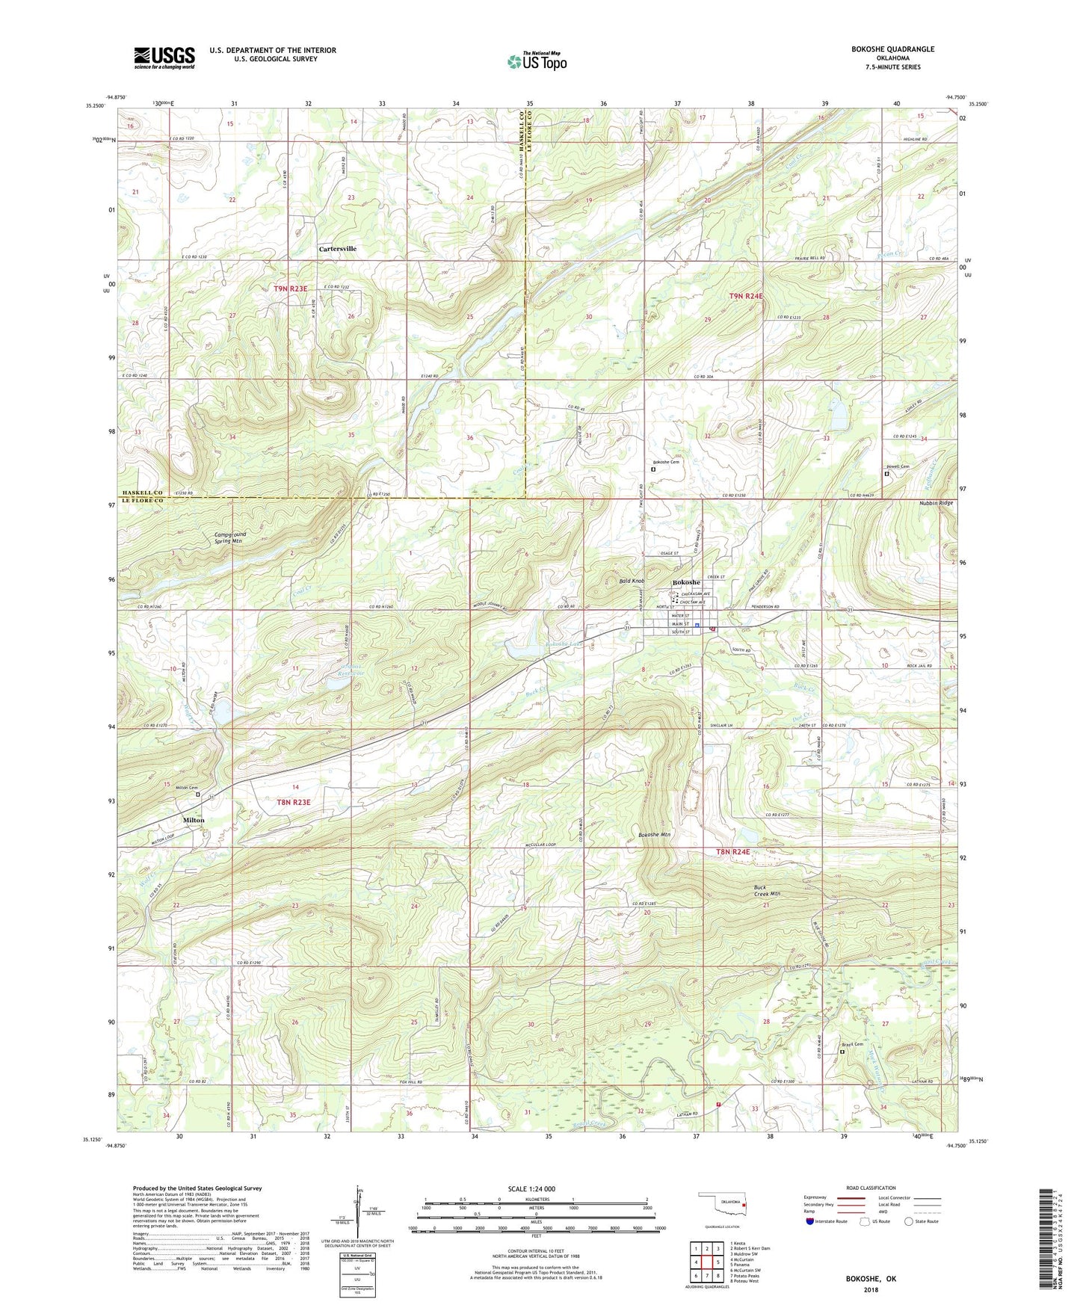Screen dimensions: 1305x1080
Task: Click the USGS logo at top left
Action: pyautogui.click(x=164, y=58)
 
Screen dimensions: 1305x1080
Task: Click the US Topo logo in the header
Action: pyautogui.click(x=537, y=62)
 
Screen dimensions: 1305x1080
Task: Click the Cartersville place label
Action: pyautogui.click(x=338, y=249)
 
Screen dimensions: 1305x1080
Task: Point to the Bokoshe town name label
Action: pyautogui.click(x=686, y=582)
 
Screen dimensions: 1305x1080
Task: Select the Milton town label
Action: pyautogui.click(x=194, y=820)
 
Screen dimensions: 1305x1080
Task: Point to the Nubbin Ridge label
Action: pyautogui.click(x=936, y=503)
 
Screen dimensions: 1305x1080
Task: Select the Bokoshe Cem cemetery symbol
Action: pyautogui.click(x=652, y=471)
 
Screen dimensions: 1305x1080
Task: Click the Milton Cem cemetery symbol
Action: pyautogui.click(x=198, y=795)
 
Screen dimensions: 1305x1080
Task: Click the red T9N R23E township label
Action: pyautogui.click(x=291, y=288)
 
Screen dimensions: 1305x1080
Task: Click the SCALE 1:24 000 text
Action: pyautogui.click(x=534, y=1188)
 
